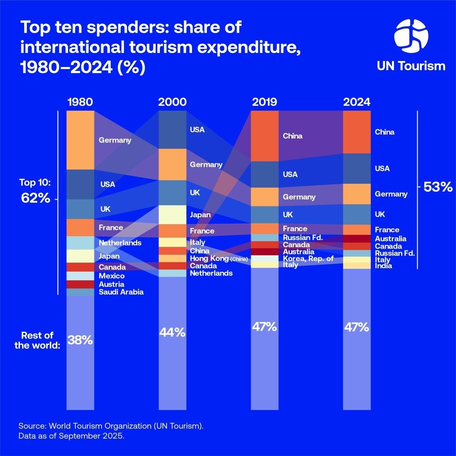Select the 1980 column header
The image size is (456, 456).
click(80, 102)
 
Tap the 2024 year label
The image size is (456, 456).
click(357, 102)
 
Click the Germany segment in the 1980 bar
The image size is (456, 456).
click(80, 140)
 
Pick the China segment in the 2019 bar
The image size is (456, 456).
click(264, 136)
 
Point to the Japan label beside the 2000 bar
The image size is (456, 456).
click(200, 215)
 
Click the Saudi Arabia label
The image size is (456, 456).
click(121, 292)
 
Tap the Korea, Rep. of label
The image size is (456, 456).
click(308, 259)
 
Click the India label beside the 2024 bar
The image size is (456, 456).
click(383, 266)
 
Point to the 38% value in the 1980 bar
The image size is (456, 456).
click(80, 340)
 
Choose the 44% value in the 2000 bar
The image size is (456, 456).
click(172, 332)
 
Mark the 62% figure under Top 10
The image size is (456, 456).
click(36, 198)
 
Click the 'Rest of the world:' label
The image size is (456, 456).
click(37, 340)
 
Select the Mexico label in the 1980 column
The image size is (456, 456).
click(112, 276)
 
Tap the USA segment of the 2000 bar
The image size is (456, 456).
click(172, 130)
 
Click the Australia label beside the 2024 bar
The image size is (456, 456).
click(390, 239)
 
